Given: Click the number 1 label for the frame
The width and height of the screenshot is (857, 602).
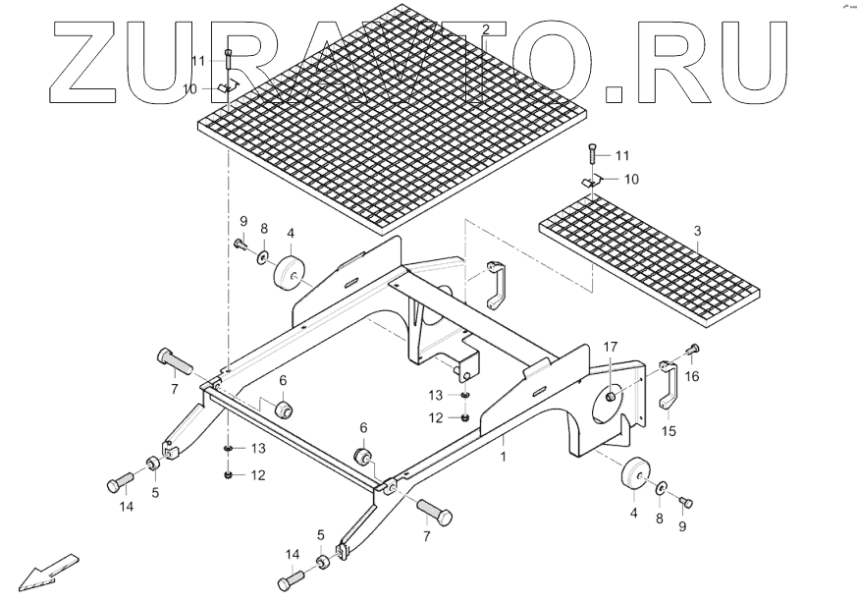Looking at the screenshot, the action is [503, 457].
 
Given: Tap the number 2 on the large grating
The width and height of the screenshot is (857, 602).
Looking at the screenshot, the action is [485, 30].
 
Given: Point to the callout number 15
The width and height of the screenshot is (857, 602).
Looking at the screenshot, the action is [670, 430].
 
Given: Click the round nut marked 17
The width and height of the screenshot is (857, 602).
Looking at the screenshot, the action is [612, 396].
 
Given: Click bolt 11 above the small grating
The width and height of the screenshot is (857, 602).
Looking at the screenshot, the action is [592, 154].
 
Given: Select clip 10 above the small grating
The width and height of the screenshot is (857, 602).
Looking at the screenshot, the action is [590, 182].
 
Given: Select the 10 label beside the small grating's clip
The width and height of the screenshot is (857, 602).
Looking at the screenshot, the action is [631, 179].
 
